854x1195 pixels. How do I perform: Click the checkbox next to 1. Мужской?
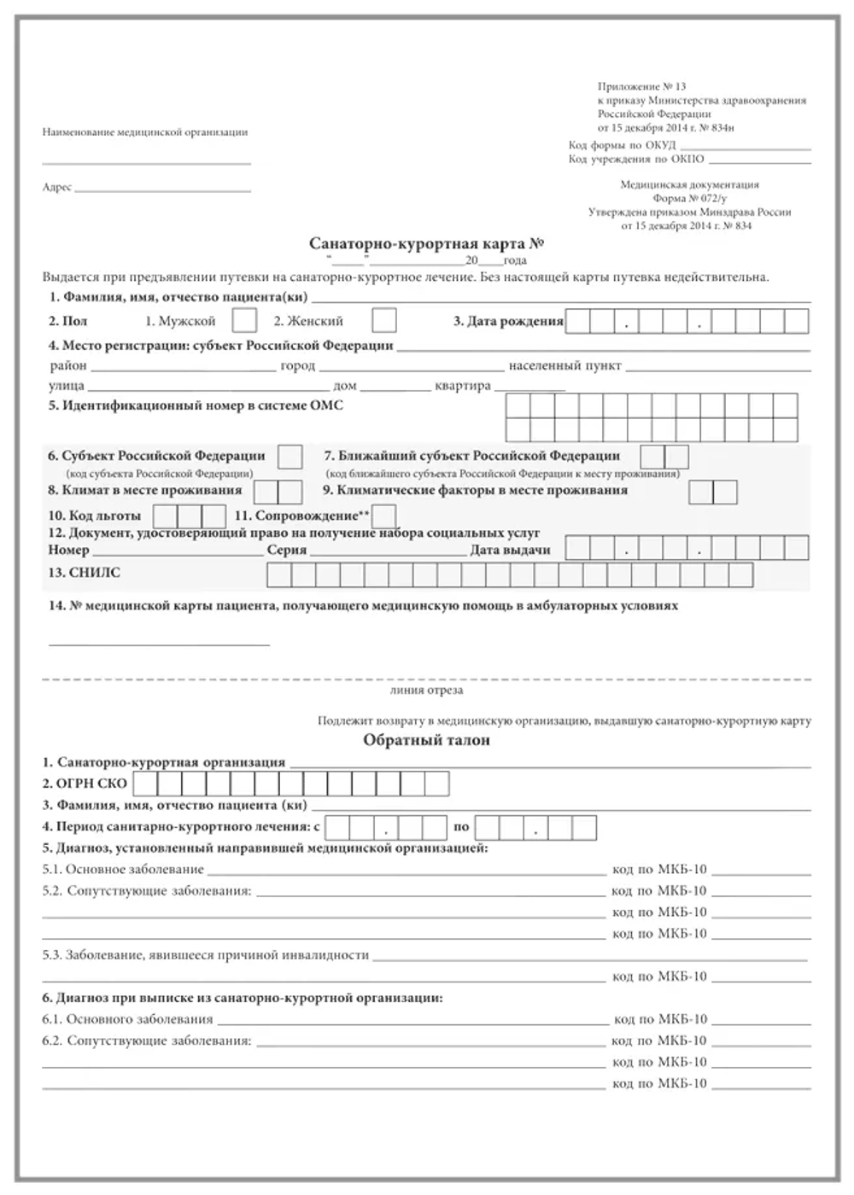(244, 320)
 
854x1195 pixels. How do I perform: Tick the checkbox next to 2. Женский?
(384, 320)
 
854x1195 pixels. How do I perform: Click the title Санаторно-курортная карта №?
(426, 243)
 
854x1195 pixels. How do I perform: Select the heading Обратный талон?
(426, 740)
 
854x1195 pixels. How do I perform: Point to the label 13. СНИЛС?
(84, 573)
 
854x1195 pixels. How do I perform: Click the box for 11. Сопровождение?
(384, 516)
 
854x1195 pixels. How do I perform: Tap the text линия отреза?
(426, 690)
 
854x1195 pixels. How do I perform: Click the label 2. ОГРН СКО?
(85, 784)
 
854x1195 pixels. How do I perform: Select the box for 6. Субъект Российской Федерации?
(290, 457)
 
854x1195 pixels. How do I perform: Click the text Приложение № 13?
(641, 86)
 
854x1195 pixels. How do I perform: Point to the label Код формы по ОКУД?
(622, 145)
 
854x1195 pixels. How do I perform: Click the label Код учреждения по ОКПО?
(636, 159)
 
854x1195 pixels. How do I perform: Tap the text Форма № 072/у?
(689, 198)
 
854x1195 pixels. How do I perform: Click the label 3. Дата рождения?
(507, 321)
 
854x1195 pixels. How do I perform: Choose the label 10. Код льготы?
(94, 516)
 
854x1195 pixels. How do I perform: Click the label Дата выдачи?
(510, 550)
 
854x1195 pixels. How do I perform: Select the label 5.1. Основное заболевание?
(123, 869)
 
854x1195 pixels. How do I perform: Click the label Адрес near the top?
(57, 187)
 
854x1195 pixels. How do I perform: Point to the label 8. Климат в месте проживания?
(144, 491)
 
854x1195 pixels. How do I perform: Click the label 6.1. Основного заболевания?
(127, 1019)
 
